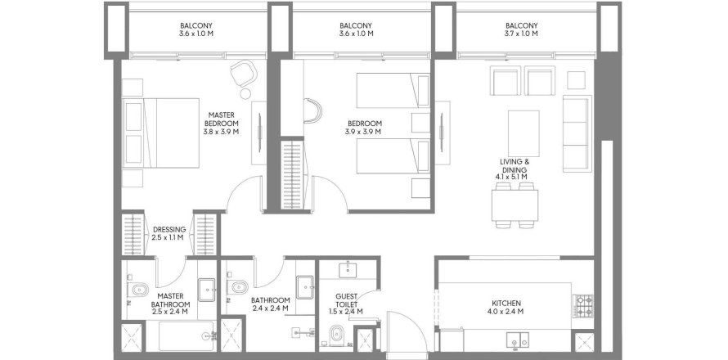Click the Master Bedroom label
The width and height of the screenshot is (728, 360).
coord(221,123)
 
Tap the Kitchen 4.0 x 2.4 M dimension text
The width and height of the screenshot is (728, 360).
coord(506,312)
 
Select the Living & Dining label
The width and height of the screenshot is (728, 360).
coord(515,169)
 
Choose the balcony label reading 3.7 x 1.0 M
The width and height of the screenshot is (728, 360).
coord(521,34)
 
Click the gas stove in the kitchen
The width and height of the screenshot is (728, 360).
coord(583,306)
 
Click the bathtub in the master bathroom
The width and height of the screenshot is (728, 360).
coord(186,336)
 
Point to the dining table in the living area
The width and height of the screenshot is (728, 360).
coord(515,205)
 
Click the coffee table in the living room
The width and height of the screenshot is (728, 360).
coord(524,134)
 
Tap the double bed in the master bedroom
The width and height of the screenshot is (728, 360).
coord(160,133)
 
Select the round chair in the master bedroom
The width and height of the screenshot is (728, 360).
coord(243,73)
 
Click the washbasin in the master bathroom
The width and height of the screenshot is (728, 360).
coord(207,290)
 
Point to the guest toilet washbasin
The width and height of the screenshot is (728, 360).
coord(348,270)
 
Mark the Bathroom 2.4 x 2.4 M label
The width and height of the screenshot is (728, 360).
coord(270,304)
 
